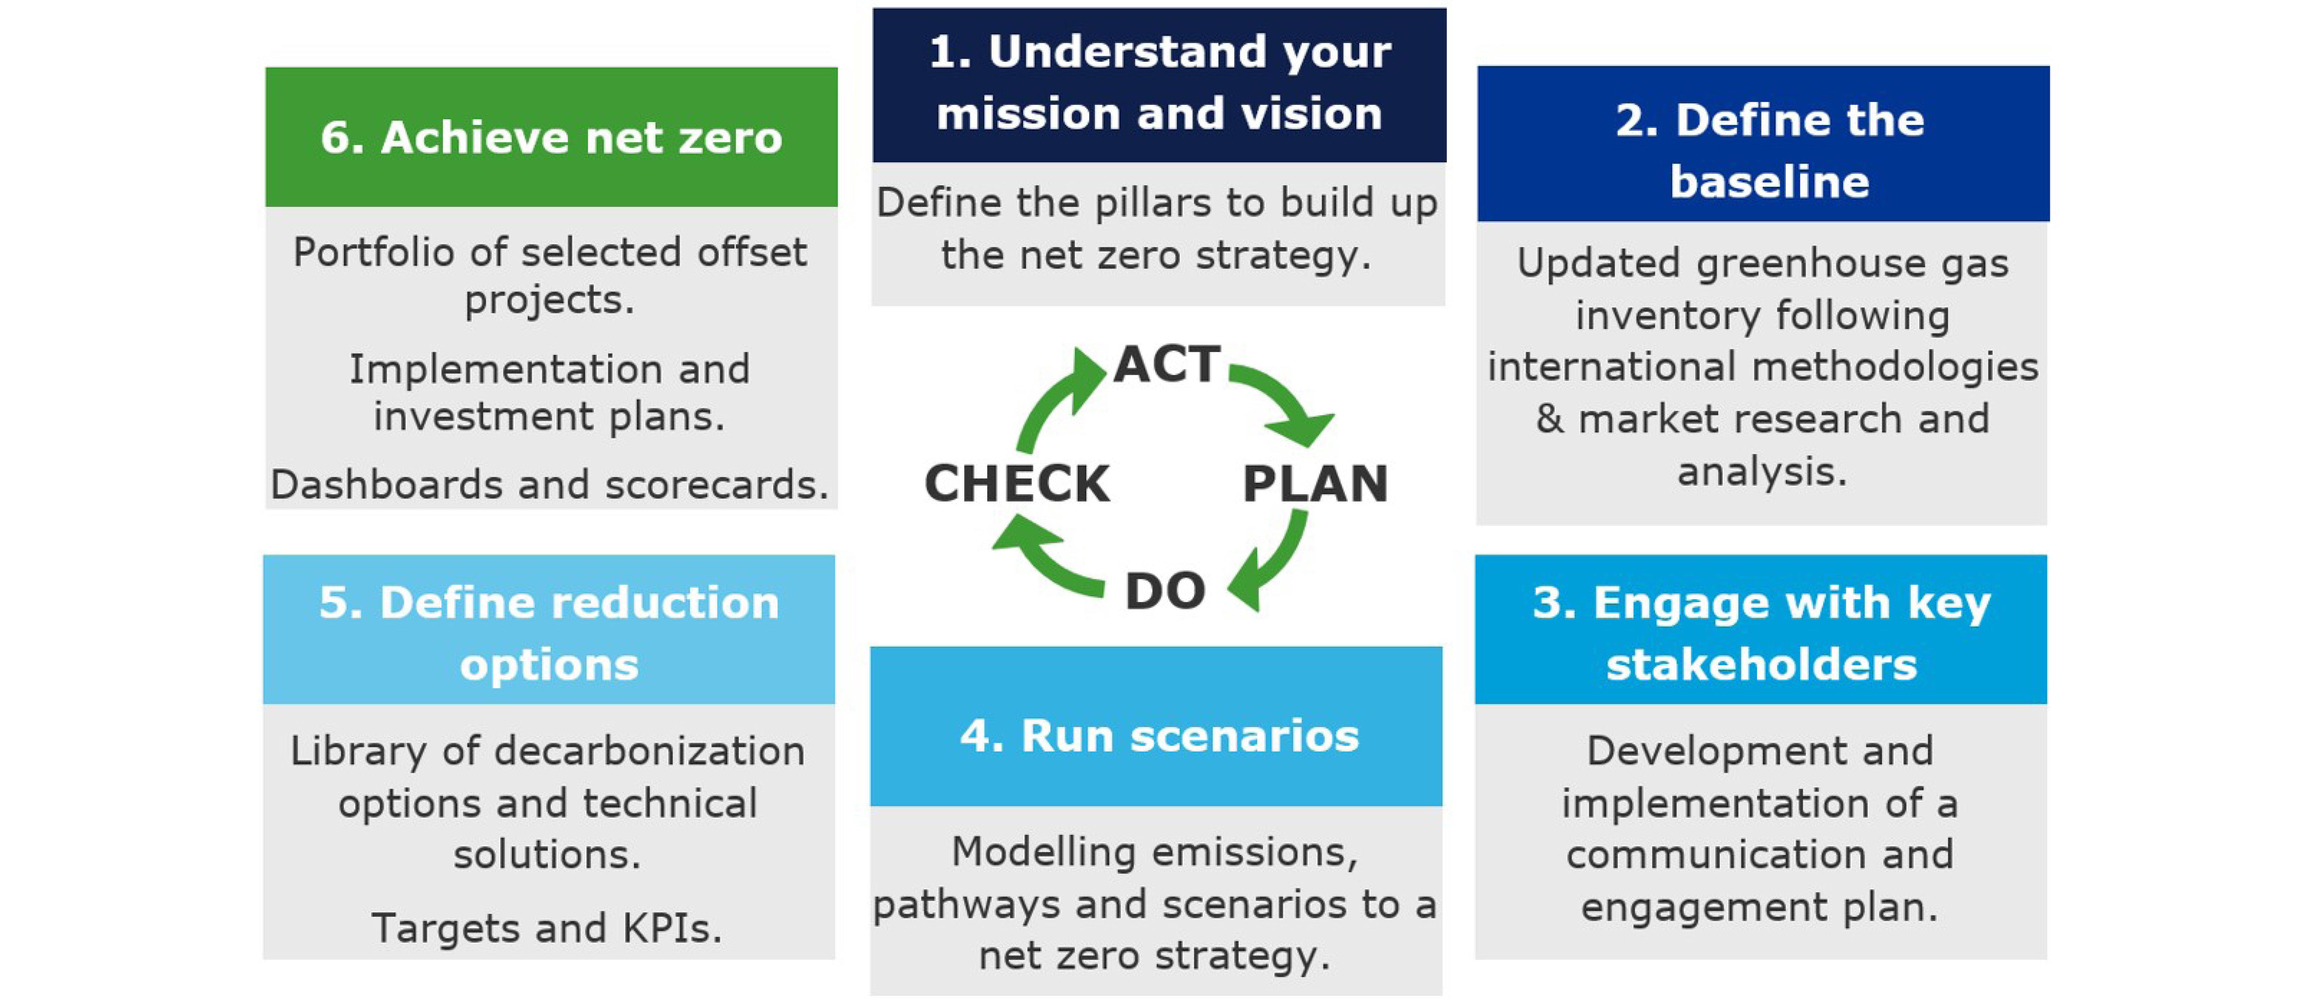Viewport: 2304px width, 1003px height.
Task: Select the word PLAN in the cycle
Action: tap(1315, 484)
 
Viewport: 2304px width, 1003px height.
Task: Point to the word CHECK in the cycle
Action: tap(1017, 484)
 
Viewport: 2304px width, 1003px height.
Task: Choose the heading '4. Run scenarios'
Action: tap(1159, 735)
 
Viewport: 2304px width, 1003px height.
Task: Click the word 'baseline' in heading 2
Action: tap(1769, 182)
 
